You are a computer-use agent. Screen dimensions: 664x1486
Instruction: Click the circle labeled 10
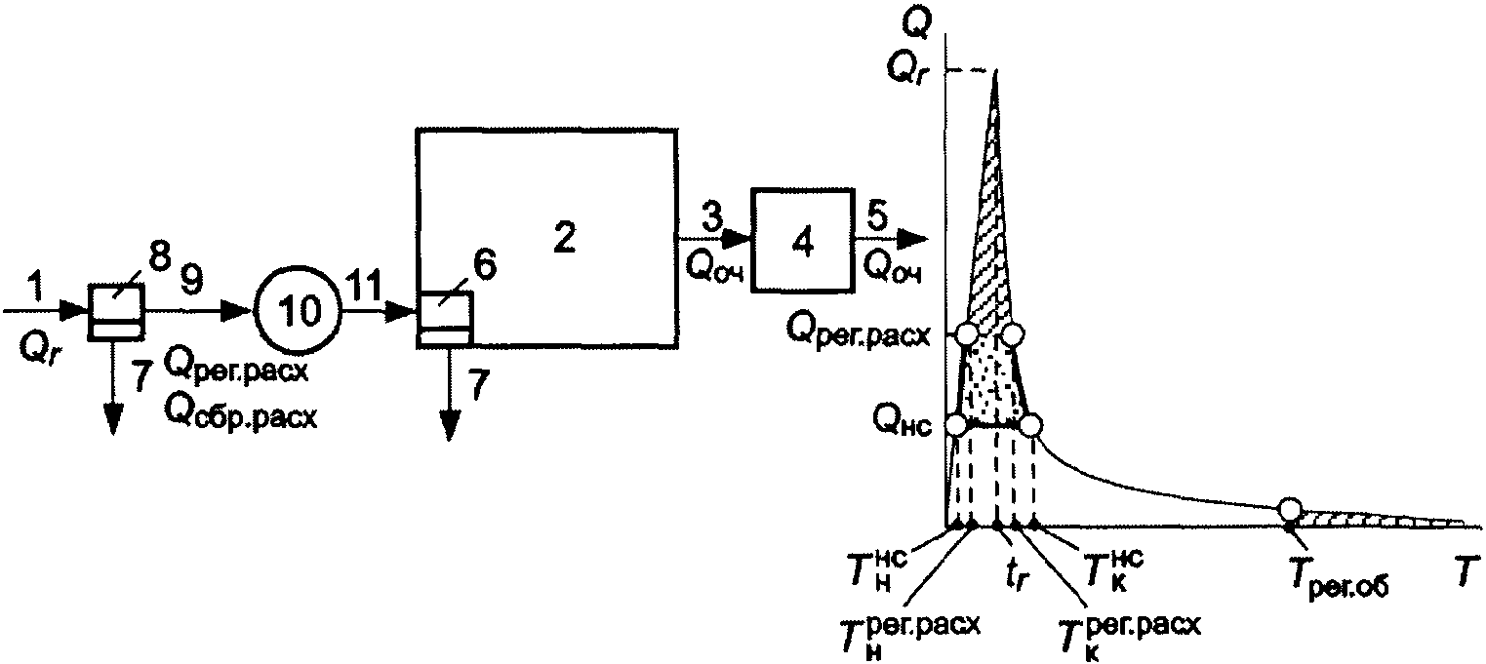point(298,311)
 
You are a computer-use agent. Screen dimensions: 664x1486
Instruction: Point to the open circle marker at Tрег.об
point(1290,509)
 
